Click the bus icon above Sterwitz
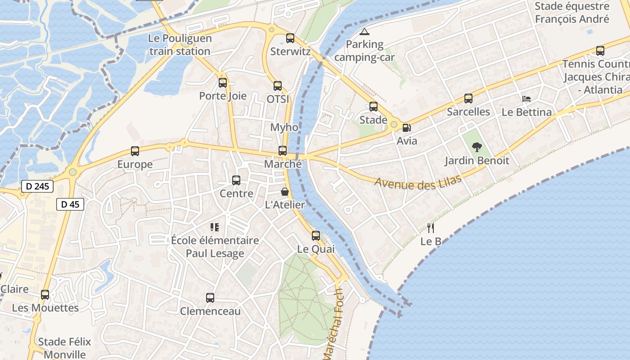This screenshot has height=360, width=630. coord(290,38)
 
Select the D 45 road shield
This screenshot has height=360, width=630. coord(70,204)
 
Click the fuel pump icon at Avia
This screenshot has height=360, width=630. coord(406,128)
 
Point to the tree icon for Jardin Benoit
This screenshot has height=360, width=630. coord(477,147)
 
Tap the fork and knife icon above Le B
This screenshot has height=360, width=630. coord(431,228)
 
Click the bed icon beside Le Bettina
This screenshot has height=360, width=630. coord(526,99)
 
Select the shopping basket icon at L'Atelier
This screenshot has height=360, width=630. coord(285,192)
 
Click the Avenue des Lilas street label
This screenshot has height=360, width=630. coord(418,182)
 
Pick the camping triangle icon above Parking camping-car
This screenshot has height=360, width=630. coord(364,31)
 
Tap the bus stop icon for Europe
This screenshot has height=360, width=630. coord(135,151)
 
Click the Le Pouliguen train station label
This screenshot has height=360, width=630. coord(180,45)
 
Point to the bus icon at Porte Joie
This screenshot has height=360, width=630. coord(223,83)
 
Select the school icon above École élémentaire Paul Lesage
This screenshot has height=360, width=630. coord(215,227)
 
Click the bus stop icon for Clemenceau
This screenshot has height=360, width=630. coord(210,297)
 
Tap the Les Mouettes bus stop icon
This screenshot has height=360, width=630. coord(45,295)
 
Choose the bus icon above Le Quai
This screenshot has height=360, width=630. coord(316,236)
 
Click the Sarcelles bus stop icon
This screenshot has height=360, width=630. coord(468,99)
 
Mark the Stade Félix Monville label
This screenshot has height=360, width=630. coord(64,348)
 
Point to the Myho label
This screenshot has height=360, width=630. coord(284,127)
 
